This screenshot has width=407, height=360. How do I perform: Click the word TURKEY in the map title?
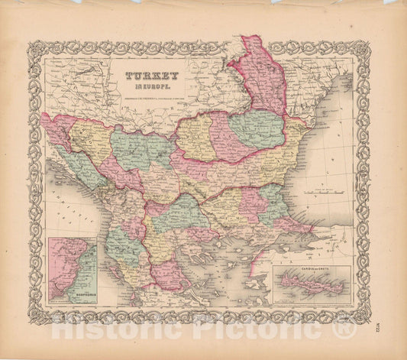click(154, 76)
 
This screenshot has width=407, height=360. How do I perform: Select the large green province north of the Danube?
click(257, 128)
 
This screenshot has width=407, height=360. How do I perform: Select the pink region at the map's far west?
click(58, 130)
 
